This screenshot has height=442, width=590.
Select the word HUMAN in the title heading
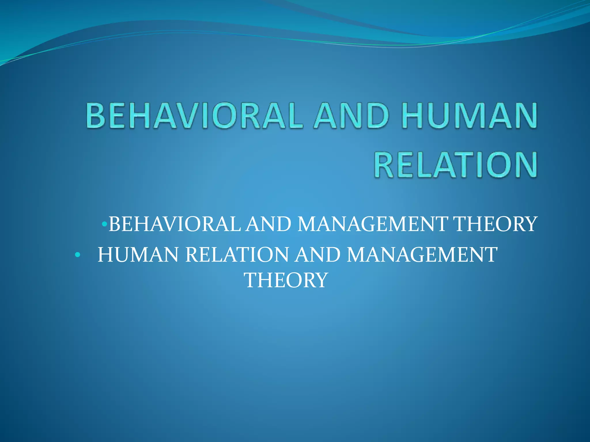coord(470,115)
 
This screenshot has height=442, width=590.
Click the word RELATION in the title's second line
coord(456,165)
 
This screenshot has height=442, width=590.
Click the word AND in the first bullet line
coord(268,224)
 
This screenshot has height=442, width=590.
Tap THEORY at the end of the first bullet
coord(495,224)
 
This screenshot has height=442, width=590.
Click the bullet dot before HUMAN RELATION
coord(77,255)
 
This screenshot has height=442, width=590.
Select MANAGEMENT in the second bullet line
coord(422,255)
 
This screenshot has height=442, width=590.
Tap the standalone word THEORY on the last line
coord(286,280)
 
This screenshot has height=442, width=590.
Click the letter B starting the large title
coord(95,115)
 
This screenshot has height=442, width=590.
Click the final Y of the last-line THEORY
coord(321,280)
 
